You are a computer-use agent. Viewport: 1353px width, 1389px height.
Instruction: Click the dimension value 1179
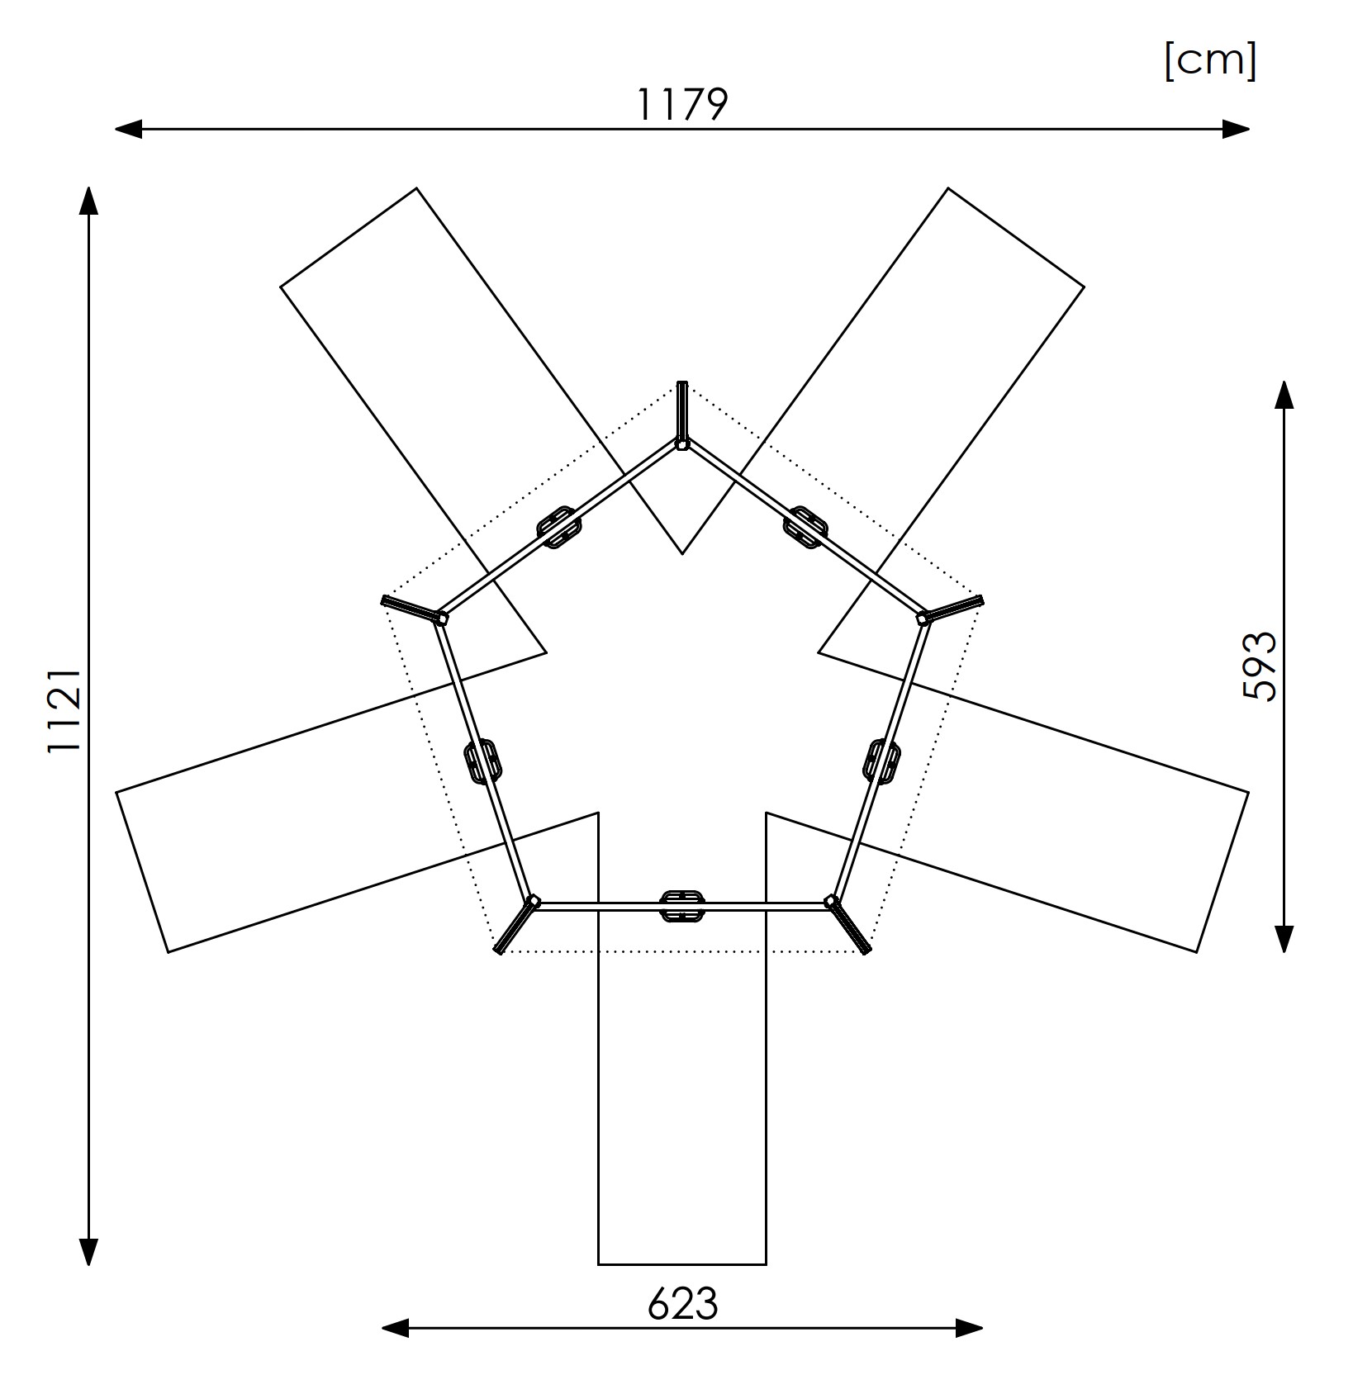pos(682,105)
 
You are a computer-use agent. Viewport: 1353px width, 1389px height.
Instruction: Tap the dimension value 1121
pos(64,710)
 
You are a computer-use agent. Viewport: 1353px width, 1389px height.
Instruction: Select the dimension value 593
pos(1259,666)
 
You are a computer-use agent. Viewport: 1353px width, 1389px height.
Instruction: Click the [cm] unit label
pos(1210,60)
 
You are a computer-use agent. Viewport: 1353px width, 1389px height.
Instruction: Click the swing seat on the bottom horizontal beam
pos(682,906)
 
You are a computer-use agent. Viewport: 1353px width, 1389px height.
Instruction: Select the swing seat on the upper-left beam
pos(559,527)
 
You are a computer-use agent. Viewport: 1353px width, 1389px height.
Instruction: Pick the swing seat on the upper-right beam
pos(805,527)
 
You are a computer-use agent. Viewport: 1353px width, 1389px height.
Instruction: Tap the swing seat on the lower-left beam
pos(482,761)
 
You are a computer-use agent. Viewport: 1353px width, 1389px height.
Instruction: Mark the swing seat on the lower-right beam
pos(882,761)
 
